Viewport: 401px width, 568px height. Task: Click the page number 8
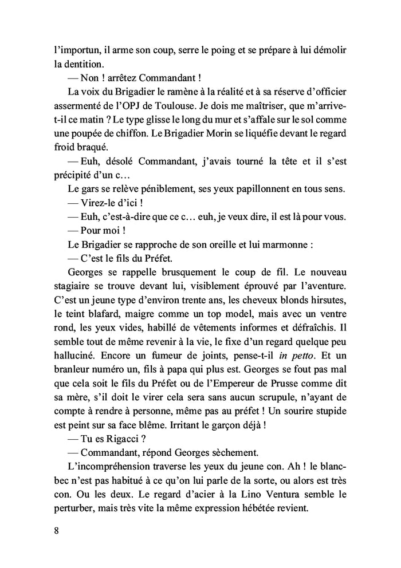pos(56,529)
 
